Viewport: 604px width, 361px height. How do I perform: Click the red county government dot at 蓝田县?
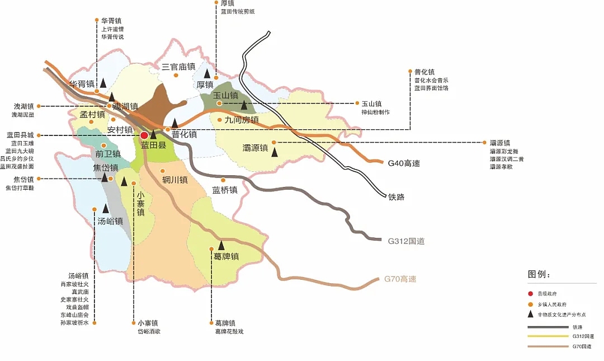click(144, 135)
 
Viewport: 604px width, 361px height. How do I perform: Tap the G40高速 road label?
click(403, 163)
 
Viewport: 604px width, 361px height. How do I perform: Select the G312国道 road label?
click(406, 241)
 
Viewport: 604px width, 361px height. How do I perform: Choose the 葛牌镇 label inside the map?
click(226, 256)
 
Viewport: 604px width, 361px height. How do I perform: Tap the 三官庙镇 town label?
click(178, 67)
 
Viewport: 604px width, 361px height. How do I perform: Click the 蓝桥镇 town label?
click(225, 190)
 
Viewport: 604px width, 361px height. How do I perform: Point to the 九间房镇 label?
click(241, 120)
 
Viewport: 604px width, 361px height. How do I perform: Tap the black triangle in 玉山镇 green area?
click(244, 105)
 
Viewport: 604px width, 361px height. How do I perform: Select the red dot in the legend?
click(530, 294)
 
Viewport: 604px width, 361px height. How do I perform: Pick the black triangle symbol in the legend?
click(530, 315)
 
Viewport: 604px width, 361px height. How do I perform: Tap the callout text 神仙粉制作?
click(375, 112)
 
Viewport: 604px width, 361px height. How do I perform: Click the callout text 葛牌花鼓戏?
click(229, 331)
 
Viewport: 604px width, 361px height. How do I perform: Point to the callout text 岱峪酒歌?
click(149, 331)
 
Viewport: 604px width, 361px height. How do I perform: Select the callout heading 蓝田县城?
click(20, 135)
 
